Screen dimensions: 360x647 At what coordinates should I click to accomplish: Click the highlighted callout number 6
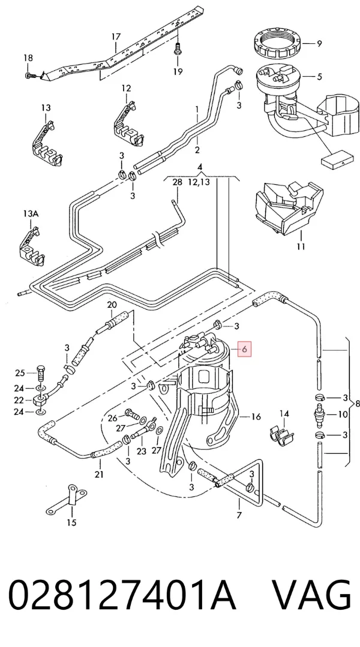pyautogui.click(x=245, y=349)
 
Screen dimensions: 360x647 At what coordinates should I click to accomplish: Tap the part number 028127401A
pyautogui.click(x=122, y=595)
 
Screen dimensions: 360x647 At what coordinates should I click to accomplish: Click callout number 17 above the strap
pyautogui.click(x=116, y=37)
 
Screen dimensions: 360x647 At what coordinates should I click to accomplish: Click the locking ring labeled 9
pyautogui.click(x=278, y=43)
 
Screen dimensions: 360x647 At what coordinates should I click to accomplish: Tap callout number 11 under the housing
pyautogui.click(x=301, y=246)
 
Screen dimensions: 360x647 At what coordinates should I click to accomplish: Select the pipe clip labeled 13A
pyautogui.click(x=33, y=247)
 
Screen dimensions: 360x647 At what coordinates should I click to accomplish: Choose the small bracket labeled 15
pyautogui.click(x=67, y=501)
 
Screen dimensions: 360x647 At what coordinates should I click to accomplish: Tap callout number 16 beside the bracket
pyautogui.click(x=256, y=417)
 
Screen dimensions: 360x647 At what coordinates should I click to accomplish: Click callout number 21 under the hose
pyautogui.click(x=99, y=475)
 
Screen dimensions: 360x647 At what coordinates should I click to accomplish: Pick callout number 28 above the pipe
pyautogui.click(x=177, y=182)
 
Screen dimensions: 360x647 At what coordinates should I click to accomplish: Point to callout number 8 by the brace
pyautogui.click(x=357, y=403)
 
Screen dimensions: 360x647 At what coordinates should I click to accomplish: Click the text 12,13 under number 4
pyautogui.click(x=199, y=181)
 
